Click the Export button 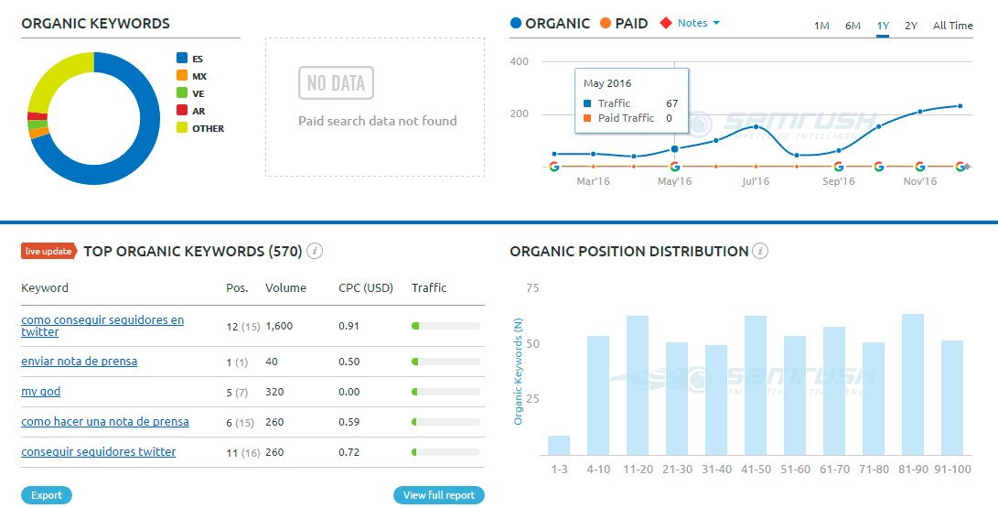[x=47, y=495]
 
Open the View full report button [x=438, y=495]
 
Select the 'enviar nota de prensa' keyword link [x=80, y=362]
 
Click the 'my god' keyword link [x=41, y=392]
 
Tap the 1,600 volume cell [x=279, y=326]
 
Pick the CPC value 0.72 [x=348, y=452]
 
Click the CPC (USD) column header [x=365, y=287]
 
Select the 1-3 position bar [x=558, y=445]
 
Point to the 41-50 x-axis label [x=755, y=469]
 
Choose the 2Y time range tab [x=910, y=26]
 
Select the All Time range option [x=952, y=26]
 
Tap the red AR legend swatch [x=182, y=111]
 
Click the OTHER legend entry [x=208, y=128]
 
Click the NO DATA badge [x=336, y=83]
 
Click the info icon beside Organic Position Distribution [x=760, y=251]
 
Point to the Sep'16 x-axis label [x=838, y=181]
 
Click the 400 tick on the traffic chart [x=520, y=61]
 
